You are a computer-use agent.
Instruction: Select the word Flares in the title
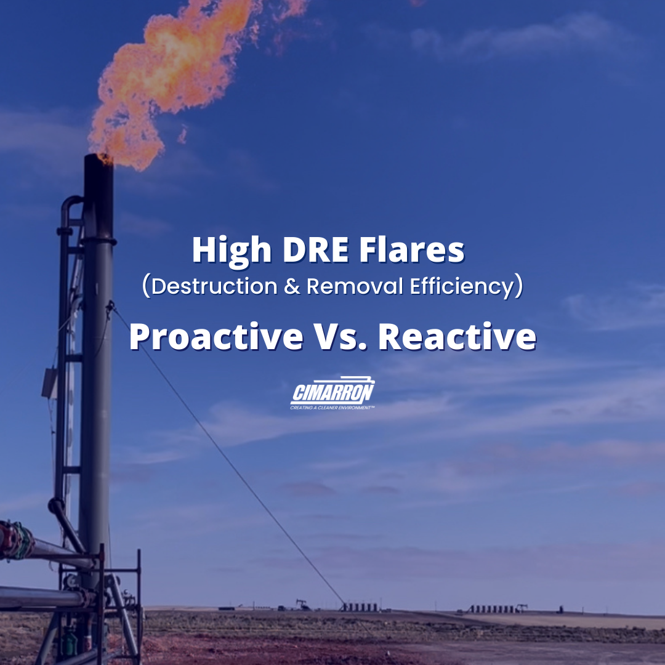[x=414, y=251]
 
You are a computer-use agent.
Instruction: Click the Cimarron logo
[x=332, y=390]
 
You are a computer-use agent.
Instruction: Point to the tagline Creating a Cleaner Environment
[x=332, y=407]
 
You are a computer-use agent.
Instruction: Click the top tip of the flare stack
[x=99, y=158]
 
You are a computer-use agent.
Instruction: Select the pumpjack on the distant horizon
[x=302, y=605]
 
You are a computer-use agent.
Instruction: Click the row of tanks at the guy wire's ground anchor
[x=360, y=607]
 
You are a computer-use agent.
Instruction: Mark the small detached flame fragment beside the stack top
[x=182, y=134]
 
